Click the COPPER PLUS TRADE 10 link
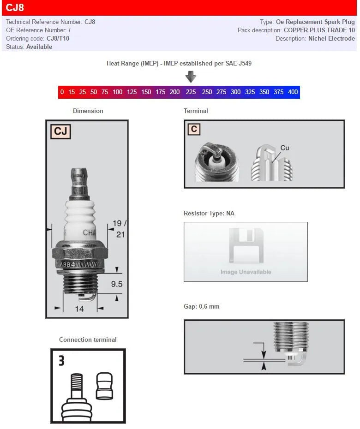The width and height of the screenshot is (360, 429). coord(319,30)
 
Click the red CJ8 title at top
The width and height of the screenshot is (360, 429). coord(15,7)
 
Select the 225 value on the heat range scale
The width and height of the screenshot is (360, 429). coord(191,92)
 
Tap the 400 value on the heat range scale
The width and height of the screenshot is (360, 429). coord(293,92)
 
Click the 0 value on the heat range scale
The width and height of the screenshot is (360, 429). coord(62,92)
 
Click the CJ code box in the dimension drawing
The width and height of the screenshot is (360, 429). coord(60,131)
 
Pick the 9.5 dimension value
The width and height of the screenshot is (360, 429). coord(117,284)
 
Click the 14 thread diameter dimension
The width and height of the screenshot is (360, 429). coord(79,309)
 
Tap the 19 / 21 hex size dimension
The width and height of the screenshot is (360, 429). coord(120,229)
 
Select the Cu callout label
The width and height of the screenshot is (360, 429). coord(285,148)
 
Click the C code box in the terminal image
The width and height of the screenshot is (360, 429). coord(194,129)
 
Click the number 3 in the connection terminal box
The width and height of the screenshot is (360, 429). coord(61,360)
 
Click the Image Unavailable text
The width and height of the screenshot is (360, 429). coord(246,272)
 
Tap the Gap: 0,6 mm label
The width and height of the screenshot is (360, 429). coord(201,306)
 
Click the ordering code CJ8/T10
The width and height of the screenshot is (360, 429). coord(58,38)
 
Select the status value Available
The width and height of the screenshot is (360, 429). coord(39,47)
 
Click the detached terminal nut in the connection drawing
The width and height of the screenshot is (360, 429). coord(104,387)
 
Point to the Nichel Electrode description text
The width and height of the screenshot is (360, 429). coord(331,38)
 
